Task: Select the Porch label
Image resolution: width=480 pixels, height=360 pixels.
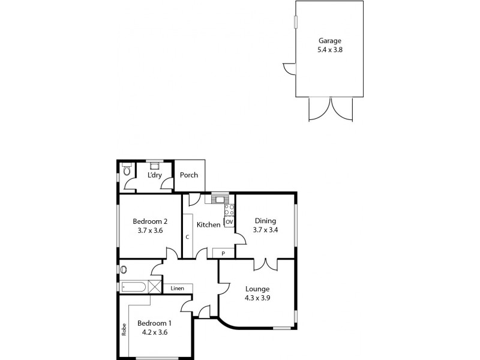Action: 189,176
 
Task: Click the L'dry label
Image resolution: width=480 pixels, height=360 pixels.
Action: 154,175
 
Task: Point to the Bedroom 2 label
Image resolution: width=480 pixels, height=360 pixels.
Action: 149,220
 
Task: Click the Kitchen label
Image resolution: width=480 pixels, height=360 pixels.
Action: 208,225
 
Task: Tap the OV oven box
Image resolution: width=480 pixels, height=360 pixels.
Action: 229,222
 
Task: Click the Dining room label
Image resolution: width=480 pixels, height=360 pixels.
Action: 265,220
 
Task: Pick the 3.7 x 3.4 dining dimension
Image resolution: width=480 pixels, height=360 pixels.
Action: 265,229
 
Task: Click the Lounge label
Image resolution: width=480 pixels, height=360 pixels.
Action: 257,289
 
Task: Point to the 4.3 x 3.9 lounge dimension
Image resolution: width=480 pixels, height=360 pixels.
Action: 257,298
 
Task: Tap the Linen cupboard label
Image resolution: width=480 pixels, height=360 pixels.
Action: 177,289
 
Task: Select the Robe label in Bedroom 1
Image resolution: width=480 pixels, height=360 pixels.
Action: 124,330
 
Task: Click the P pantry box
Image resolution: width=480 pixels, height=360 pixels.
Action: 223,254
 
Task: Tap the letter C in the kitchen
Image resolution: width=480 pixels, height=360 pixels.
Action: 187,237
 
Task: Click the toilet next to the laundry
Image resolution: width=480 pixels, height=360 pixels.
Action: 126,172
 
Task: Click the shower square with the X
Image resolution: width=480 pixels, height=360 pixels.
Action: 155,287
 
